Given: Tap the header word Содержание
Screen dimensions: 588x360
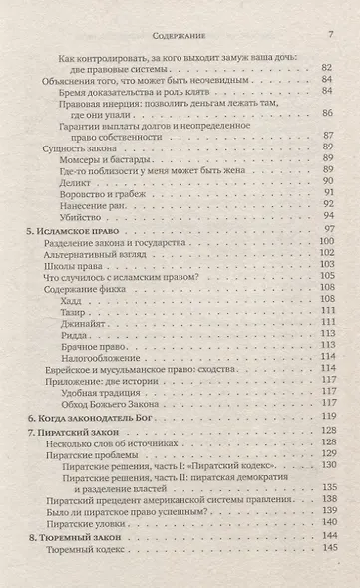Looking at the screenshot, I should [180, 11].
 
